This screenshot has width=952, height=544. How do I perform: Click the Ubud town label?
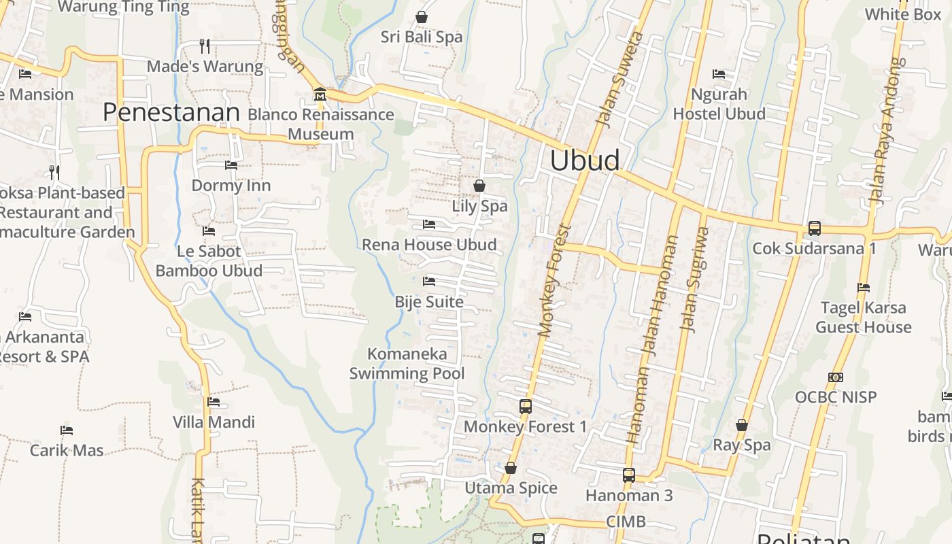tap(585, 160)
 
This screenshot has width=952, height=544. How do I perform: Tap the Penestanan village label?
tap(171, 112)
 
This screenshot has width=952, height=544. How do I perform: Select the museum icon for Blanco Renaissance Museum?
tap(320, 94)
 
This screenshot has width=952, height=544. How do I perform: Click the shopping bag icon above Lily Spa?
tap(479, 185)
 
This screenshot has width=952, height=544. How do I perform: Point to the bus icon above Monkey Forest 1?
tap(525, 406)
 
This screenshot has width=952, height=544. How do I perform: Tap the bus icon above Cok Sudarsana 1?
tap(814, 228)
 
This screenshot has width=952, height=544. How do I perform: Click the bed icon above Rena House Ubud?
tap(428, 224)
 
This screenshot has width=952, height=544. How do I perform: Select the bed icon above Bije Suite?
tap(428, 281)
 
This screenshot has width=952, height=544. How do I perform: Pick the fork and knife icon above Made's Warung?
tap(205, 46)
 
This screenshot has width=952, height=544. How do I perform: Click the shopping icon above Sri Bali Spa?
tap(422, 16)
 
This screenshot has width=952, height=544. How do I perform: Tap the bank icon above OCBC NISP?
tap(836, 377)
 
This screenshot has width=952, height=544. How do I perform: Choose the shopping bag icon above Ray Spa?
tap(742, 425)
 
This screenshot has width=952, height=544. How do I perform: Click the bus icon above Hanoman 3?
tap(629, 475)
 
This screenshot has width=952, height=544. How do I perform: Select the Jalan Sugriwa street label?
tap(694, 279)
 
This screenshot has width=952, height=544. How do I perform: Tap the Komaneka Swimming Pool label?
tap(407, 363)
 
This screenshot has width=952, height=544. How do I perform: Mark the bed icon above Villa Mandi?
tap(214, 402)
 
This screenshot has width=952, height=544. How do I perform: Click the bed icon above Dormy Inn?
tap(231, 165)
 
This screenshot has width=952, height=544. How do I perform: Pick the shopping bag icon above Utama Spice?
tap(511, 468)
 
